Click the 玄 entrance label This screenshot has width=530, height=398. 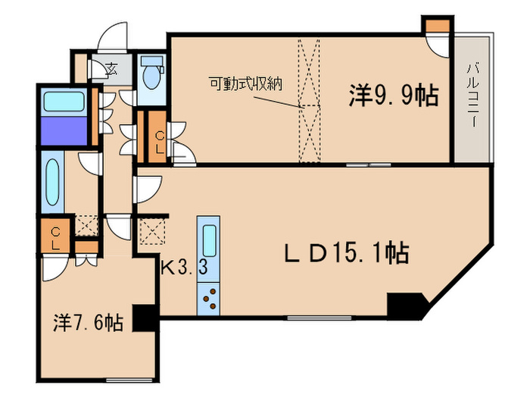coord(111,70)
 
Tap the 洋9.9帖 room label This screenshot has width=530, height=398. coord(393,96)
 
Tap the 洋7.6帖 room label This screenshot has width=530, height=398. coord(88,323)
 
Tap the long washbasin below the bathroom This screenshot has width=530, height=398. coord(53,184)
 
